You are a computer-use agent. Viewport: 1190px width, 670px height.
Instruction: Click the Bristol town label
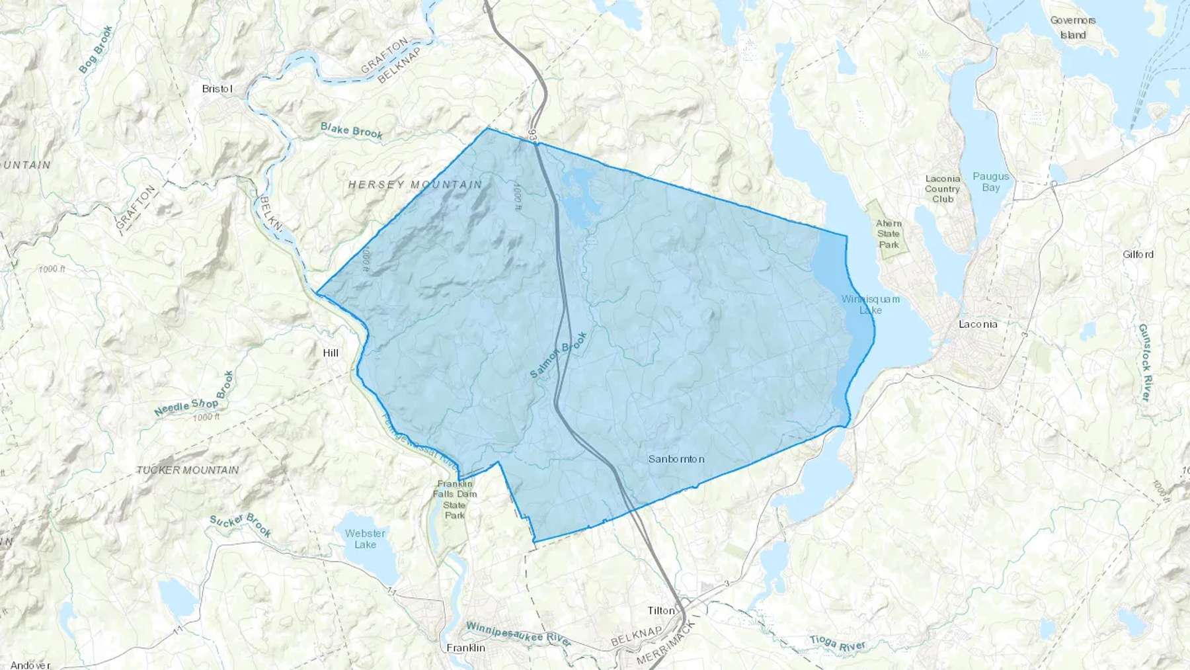[x=218, y=89]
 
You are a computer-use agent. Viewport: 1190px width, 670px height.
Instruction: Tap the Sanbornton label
[x=676, y=459]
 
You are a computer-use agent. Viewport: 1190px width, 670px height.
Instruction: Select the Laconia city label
[x=978, y=324]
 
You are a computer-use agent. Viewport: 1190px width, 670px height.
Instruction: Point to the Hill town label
[x=331, y=353]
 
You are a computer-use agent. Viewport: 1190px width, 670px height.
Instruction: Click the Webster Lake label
[x=365, y=538]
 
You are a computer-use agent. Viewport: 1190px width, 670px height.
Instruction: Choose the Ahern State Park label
[x=889, y=233]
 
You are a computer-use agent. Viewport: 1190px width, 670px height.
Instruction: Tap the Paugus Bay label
[x=990, y=182]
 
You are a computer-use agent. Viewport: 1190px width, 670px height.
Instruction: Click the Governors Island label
[x=1073, y=28]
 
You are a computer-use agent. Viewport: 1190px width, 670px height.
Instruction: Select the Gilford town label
[x=1138, y=254]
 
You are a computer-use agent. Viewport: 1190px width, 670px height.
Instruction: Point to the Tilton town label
[x=661, y=610]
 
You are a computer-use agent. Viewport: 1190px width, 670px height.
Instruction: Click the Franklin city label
[x=465, y=648]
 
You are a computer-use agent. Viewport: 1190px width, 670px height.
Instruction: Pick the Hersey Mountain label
[x=415, y=185]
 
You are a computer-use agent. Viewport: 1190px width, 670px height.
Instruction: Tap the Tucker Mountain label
[x=187, y=470]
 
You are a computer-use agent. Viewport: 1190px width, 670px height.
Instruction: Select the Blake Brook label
[x=351, y=130]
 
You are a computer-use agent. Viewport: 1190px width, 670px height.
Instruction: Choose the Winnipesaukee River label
[x=518, y=634]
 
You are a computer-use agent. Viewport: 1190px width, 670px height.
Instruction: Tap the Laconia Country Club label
[x=942, y=188]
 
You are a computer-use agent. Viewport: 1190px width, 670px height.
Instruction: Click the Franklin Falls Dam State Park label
[x=455, y=499]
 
